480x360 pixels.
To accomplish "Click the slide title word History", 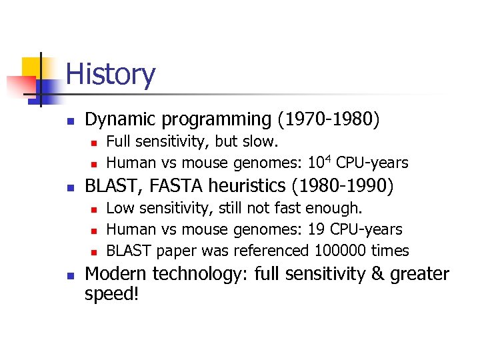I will pyautogui.click(x=111, y=74).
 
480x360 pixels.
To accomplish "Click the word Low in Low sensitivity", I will pyautogui.click(x=119, y=208).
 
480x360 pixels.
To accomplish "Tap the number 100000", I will pyautogui.click(x=339, y=251).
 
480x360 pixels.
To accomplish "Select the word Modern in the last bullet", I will pyautogui.click(x=117, y=275).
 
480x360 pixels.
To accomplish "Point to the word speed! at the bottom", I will pyautogui.click(x=112, y=295).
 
